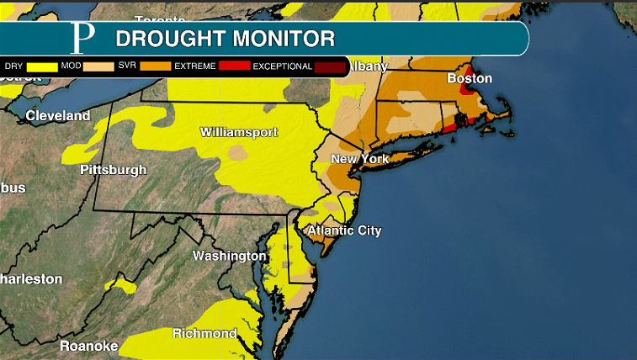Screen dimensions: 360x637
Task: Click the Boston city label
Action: [x=469, y=78]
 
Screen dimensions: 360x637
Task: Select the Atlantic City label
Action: [x=344, y=230]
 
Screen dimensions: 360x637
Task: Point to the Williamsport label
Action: [x=239, y=132]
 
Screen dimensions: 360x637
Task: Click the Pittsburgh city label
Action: [x=113, y=170]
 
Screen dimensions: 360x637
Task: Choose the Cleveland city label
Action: [x=58, y=115]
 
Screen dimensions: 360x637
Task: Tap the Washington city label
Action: [x=230, y=256]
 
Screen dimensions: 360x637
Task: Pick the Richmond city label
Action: [x=204, y=334]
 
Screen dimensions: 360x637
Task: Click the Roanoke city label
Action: [x=88, y=346]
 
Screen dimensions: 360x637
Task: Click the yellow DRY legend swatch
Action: [x=42, y=66]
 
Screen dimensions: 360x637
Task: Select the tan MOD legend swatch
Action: [x=98, y=66]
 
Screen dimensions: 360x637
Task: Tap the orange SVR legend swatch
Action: [x=155, y=66]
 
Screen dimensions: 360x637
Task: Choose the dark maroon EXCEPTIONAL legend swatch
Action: [x=329, y=66]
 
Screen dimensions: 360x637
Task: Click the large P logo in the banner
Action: [x=82, y=39]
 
